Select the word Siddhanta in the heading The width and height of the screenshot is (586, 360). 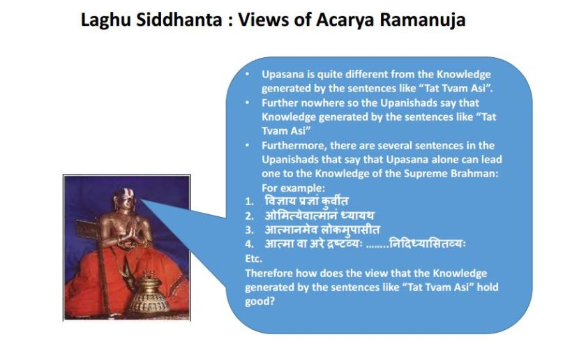179,20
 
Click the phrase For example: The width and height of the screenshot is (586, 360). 294,188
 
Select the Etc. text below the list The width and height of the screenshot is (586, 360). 254,259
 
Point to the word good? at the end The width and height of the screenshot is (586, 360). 260,301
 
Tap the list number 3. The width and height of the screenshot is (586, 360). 249,230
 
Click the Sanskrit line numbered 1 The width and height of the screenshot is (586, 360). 306,201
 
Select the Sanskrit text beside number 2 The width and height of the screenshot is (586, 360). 320,216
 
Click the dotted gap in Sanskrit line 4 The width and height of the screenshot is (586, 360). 377,247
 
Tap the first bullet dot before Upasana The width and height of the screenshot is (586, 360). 248,74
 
